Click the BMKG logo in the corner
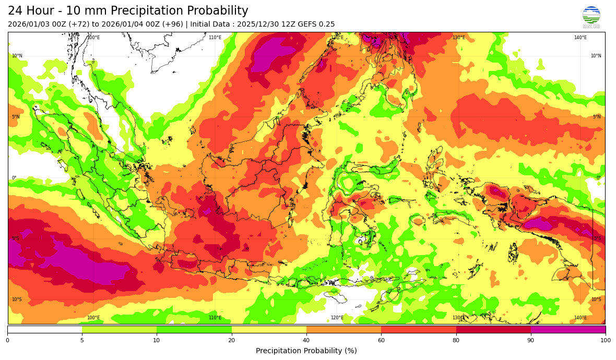(591, 17)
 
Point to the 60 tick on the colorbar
(381, 340)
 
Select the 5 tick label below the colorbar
(82, 341)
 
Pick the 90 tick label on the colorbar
(530, 341)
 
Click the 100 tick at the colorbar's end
(605, 341)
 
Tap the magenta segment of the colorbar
(568, 329)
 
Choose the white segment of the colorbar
(44, 329)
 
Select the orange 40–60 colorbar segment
(343, 329)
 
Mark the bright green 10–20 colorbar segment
(194, 329)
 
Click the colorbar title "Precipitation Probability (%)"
(306, 351)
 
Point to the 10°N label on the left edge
(17, 56)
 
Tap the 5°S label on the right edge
(597, 239)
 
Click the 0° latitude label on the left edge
(14, 178)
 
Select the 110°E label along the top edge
(215, 38)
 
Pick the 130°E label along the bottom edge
(459, 318)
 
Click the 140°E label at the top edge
(581, 38)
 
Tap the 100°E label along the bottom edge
(93, 318)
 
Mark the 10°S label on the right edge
(596, 299)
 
